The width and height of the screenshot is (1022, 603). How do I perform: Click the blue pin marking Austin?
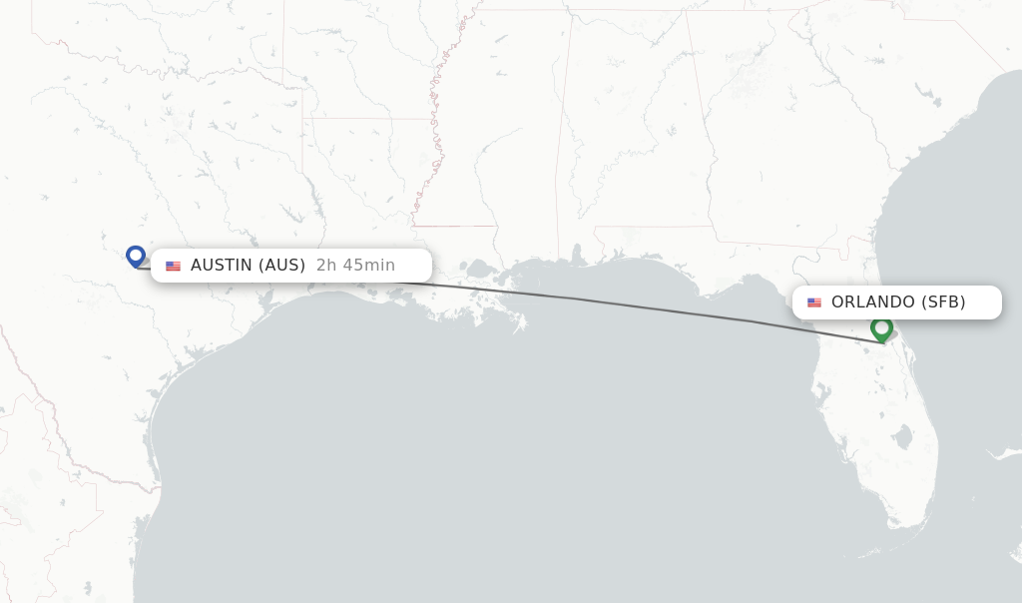point(136,256)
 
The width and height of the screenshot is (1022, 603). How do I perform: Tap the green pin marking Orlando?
point(881,327)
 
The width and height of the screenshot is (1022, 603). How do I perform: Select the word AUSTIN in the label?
point(222,266)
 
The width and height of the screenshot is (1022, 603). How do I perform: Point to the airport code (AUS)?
point(282,266)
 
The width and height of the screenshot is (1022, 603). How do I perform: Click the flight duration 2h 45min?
point(355,266)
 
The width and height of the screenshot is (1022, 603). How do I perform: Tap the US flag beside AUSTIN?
point(174,267)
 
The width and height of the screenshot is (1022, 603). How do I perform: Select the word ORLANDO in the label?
point(873,302)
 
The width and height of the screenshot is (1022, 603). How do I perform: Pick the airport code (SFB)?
point(943,302)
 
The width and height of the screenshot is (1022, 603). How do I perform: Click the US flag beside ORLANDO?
point(814,302)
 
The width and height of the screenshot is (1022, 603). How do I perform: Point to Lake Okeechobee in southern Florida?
point(903,437)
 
